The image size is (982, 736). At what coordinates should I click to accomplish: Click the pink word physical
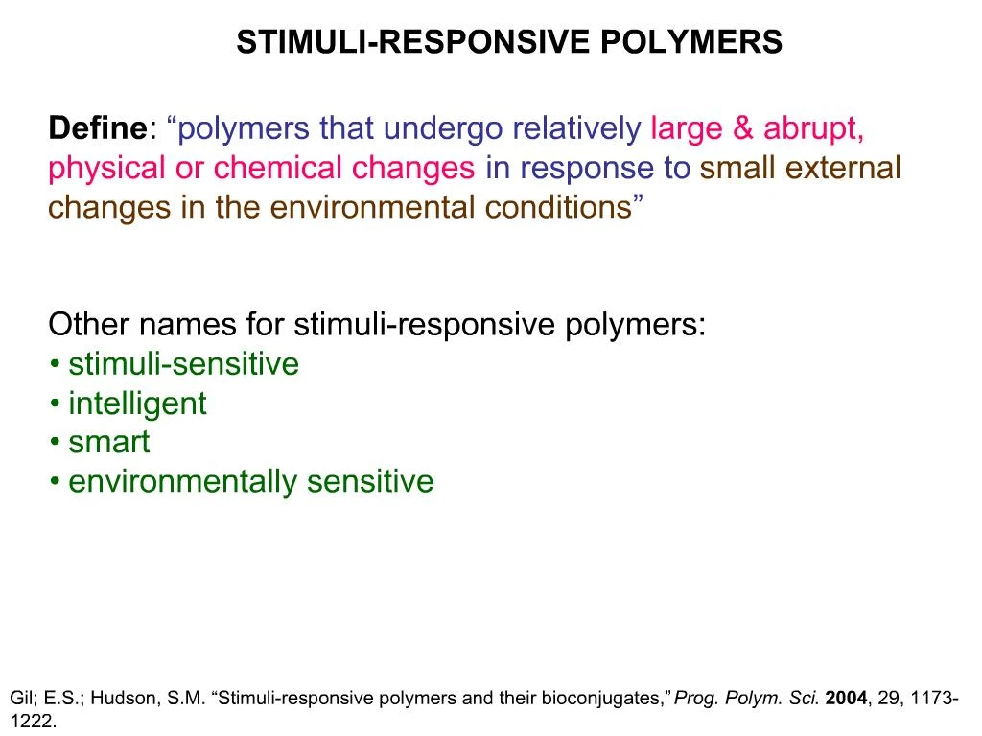click(x=106, y=169)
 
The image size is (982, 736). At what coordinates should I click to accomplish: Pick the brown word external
click(x=843, y=169)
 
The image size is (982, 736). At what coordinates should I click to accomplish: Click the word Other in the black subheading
click(x=89, y=325)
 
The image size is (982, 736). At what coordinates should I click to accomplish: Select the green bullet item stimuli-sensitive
click(x=183, y=364)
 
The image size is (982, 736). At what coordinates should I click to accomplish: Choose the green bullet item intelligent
click(x=137, y=403)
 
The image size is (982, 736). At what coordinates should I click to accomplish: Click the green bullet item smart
click(x=109, y=443)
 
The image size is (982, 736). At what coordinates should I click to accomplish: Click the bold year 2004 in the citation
click(x=846, y=699)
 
